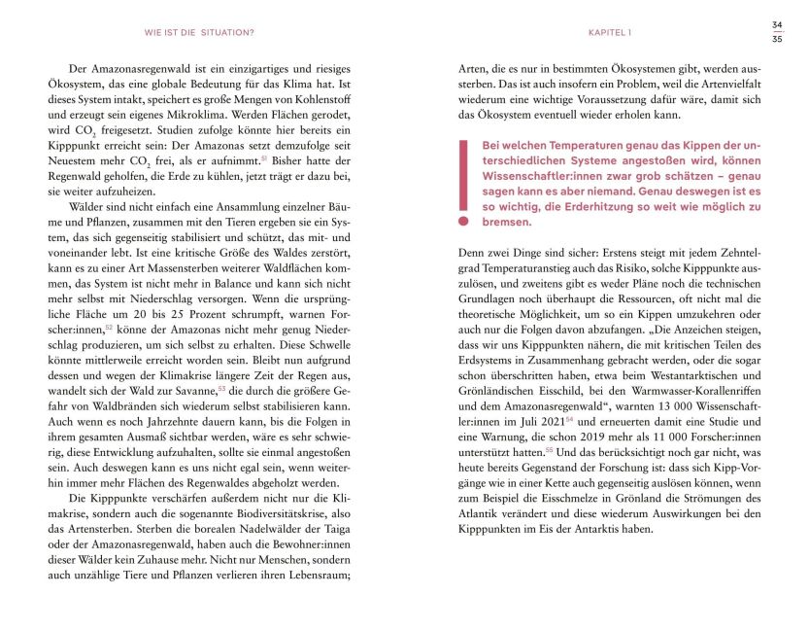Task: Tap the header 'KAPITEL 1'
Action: click(610, 32)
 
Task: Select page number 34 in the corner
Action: click(777, 24)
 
